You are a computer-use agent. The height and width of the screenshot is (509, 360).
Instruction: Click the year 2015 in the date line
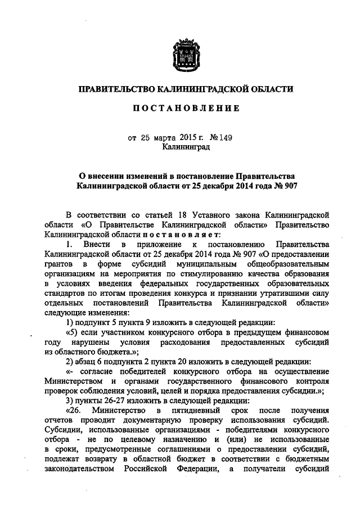coord(191,137)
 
